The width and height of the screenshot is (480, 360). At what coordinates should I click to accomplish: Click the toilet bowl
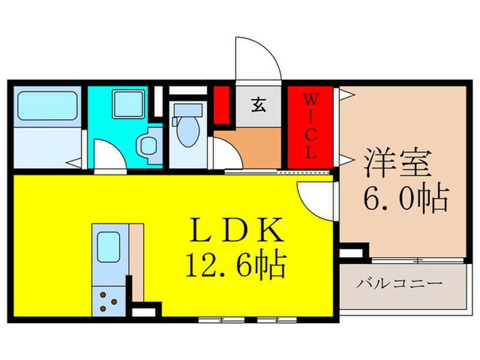185,130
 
